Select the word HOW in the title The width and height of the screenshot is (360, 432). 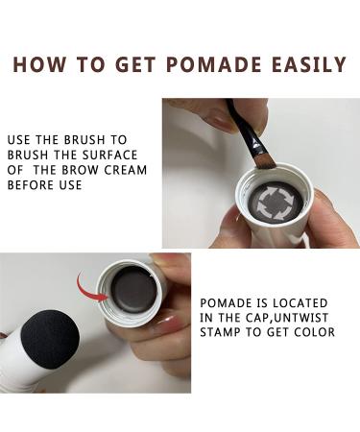pos(41,65)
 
